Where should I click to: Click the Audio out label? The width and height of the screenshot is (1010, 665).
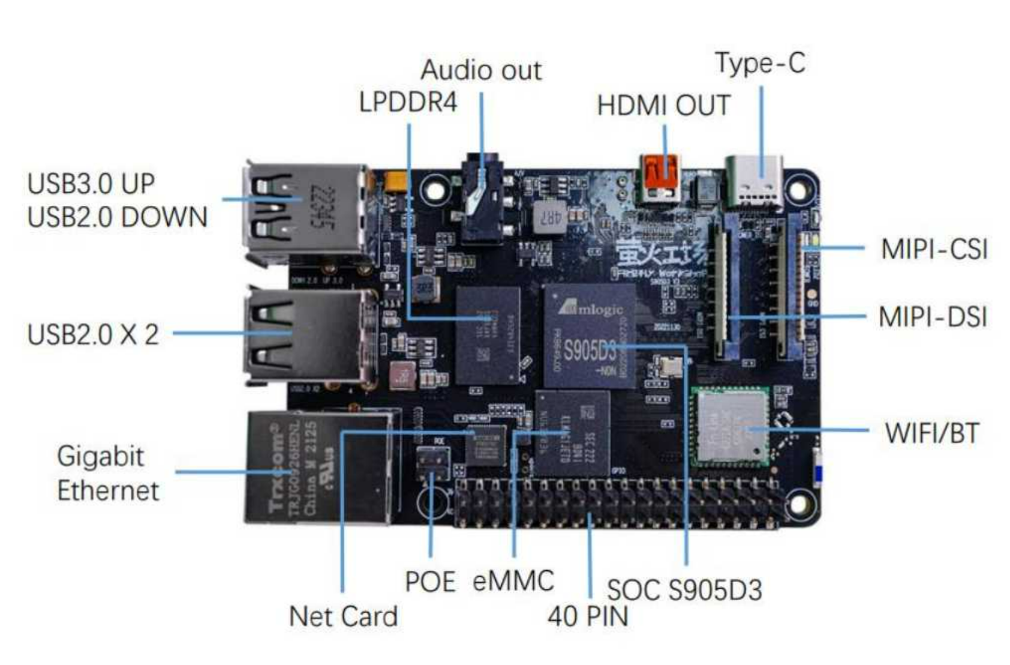coord(481,71)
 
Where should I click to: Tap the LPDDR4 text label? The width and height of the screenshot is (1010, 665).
coord(408,103)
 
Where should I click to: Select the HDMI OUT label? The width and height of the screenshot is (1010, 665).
coord(663,106)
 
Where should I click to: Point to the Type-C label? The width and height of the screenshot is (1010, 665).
coord(760,64)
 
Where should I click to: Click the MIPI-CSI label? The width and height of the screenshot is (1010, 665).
coord(934,249)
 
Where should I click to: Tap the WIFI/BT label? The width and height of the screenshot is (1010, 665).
coord(931,433)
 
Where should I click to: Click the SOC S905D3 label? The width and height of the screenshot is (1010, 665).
coord(684,591)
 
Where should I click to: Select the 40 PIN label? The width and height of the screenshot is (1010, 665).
coord(588,616)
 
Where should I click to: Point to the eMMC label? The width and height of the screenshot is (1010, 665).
coord(513,581)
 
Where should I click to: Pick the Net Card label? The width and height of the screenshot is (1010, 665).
coord(343,616)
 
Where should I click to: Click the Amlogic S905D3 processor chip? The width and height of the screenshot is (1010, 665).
coord(590,336)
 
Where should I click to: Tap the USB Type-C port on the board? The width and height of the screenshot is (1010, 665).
coord(754,182)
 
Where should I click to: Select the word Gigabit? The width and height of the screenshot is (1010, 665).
coord(100,457)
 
